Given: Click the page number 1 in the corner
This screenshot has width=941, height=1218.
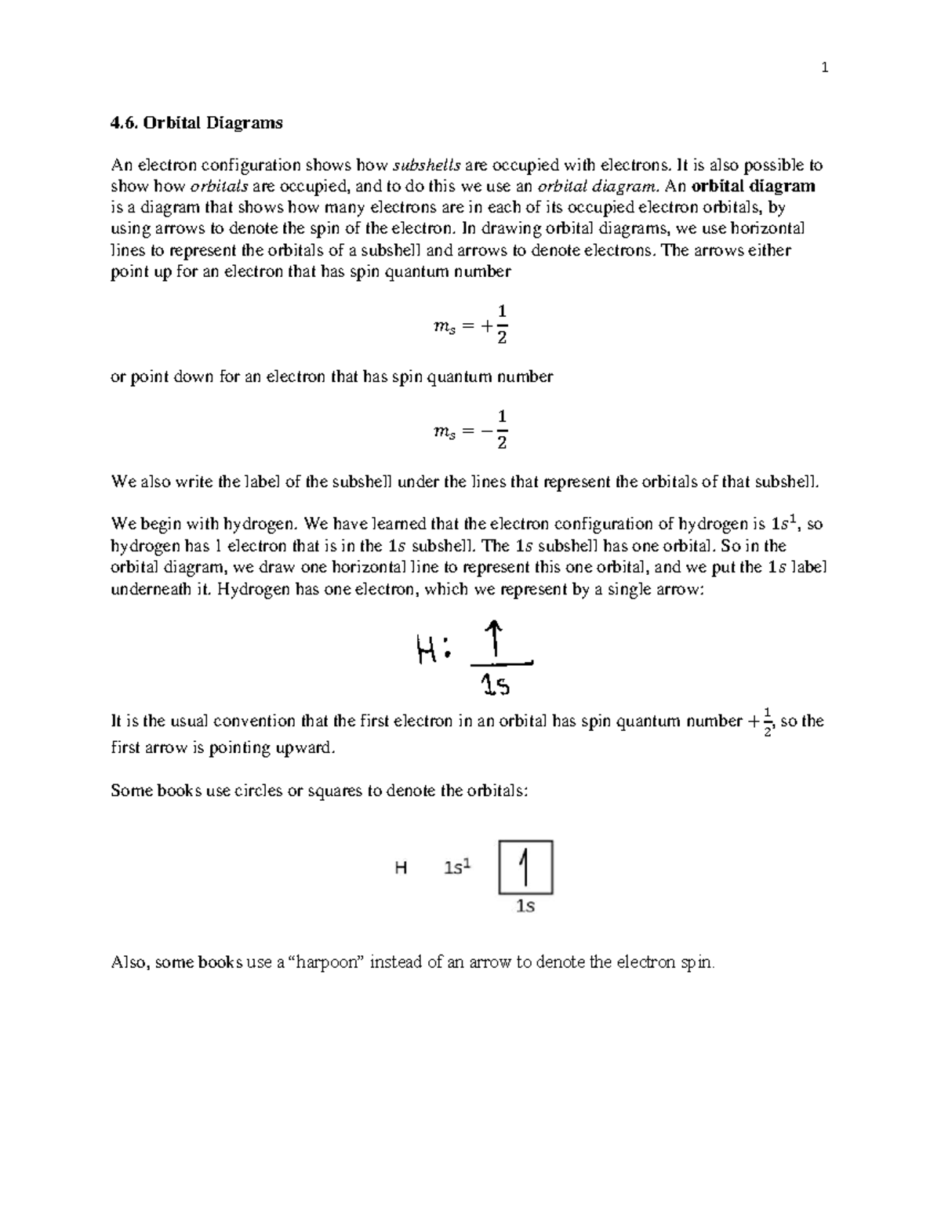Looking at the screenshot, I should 824,68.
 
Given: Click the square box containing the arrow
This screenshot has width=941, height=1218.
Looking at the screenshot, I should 525,867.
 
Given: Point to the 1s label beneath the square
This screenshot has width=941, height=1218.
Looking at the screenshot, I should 525,907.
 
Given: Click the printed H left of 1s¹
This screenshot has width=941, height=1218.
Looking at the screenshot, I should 401,868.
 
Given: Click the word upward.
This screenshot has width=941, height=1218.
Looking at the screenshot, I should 305,747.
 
